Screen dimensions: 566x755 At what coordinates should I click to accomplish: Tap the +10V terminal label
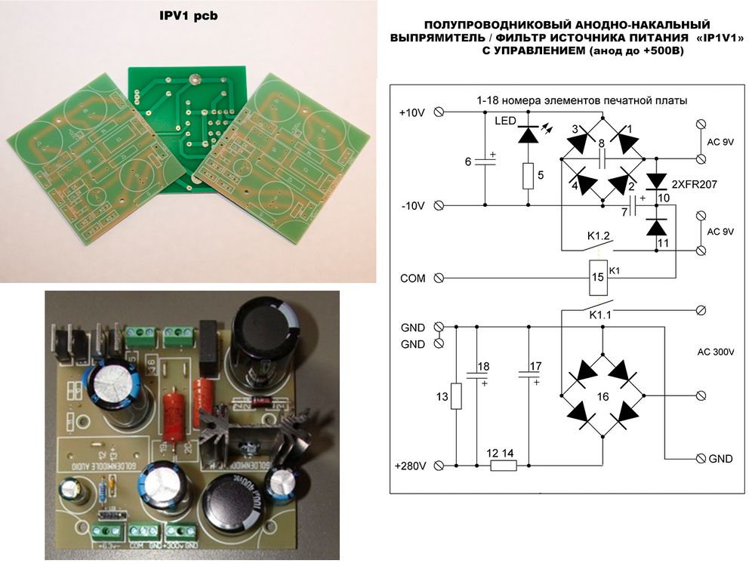point(411,112)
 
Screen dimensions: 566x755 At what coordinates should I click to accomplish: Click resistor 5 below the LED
point(528,176)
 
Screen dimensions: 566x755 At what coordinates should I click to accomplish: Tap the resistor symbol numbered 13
point(455,395)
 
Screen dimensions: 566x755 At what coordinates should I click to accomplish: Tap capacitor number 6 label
point(468,161)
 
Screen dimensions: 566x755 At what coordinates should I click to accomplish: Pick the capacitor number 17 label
point(535,368)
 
